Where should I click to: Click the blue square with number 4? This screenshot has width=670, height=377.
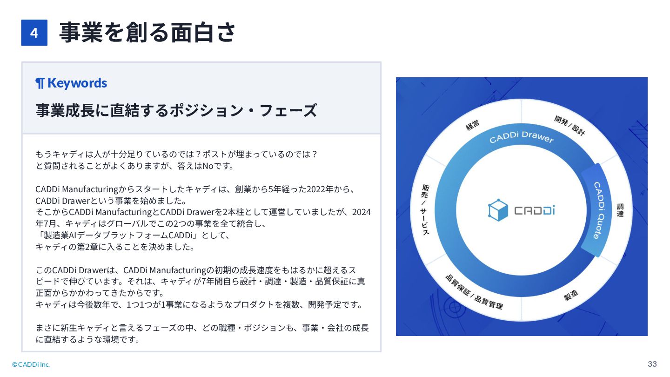(34, 33)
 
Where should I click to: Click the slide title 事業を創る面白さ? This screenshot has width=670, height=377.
(147, 32)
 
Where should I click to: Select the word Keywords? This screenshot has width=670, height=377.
(77, 83)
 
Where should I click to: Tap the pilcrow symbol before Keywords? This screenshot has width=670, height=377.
(40, 83)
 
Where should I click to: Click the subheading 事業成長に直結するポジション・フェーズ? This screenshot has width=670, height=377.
(176, 110)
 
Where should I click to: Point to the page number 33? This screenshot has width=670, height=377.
(652, 364)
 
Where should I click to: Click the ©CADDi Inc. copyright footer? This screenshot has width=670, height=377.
(31, 364)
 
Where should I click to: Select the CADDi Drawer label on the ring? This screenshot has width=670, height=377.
(521, 137)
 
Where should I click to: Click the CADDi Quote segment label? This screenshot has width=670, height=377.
(599, 210)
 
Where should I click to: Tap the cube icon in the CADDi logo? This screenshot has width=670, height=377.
(498, 210)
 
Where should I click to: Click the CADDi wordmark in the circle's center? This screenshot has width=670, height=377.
(534, 211)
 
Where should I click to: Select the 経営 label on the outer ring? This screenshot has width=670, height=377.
(473, 125)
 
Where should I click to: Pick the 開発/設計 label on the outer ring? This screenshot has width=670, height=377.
(569, 126)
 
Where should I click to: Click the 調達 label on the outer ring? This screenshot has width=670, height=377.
(620, 210)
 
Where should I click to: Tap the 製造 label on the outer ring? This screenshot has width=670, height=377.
(571, 295)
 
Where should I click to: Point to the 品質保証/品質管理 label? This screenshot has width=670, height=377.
(474, 292)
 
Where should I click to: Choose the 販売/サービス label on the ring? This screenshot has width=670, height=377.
(425, 209)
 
